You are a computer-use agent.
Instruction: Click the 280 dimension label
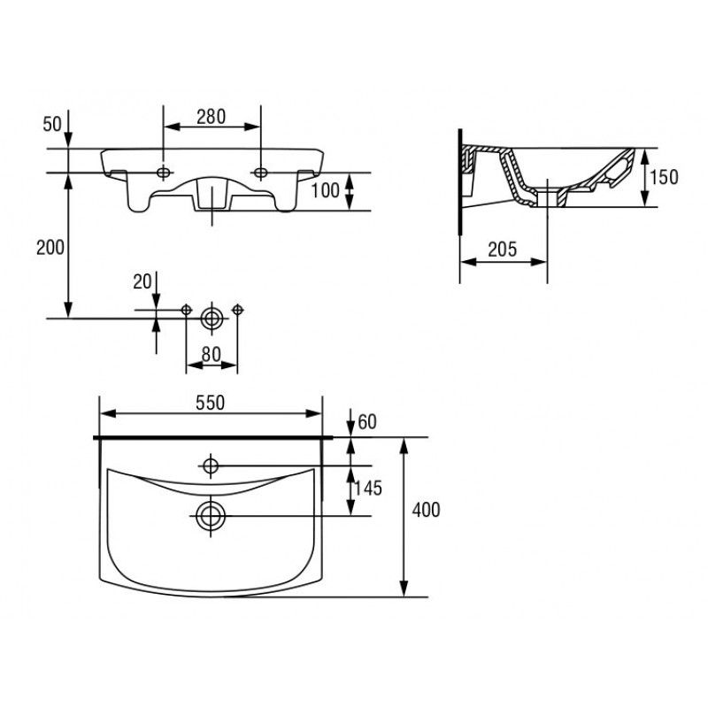coord(211,117)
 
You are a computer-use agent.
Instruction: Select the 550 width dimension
coord(211,403)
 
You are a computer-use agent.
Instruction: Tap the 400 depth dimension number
coord(426,510)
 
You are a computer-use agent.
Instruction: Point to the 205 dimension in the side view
coord(502,250)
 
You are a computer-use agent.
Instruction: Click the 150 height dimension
coord(664,177)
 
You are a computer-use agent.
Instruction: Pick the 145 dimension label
coord(367,489)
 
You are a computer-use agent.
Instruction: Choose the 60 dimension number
coord(367,422)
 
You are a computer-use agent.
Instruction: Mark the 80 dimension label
coord(212,355)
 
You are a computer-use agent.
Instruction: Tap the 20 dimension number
coord(142,282)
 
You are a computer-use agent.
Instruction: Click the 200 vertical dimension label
coord(50,248)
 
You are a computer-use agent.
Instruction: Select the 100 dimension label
coord(325,190)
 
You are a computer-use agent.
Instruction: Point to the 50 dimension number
coord(52,124)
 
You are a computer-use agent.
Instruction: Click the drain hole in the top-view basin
coord(211,516)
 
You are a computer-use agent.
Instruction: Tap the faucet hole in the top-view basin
coord(211,466)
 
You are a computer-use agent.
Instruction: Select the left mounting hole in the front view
coord(164,172)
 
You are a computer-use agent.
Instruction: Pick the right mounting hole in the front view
coord(260,172)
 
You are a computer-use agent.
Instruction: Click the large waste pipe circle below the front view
coord(212,319)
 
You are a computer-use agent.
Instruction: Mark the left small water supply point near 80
coord(186,310)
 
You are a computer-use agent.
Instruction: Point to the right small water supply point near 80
coord(237,310)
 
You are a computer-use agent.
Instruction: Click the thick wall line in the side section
coord(459,181)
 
